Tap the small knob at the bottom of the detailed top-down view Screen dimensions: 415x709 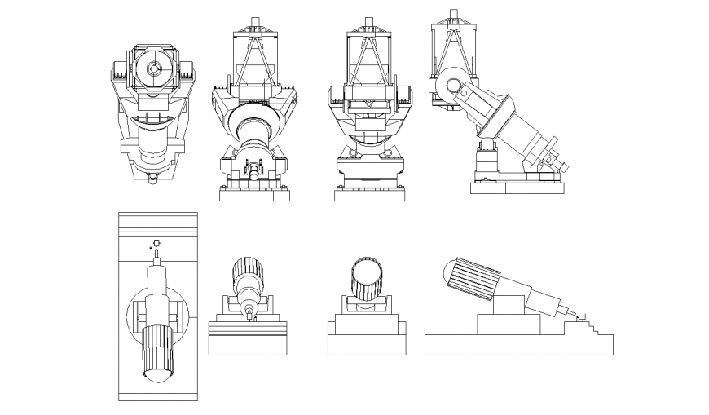point(152,179)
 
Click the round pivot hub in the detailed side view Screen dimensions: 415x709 point(452,87)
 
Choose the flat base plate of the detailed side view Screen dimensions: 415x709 point(517,188)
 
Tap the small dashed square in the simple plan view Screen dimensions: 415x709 point(156,241)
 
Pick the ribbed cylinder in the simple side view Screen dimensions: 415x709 point(472,277)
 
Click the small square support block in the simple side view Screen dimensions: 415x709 point(509,303)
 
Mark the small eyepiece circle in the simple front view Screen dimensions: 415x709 point(249,310)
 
